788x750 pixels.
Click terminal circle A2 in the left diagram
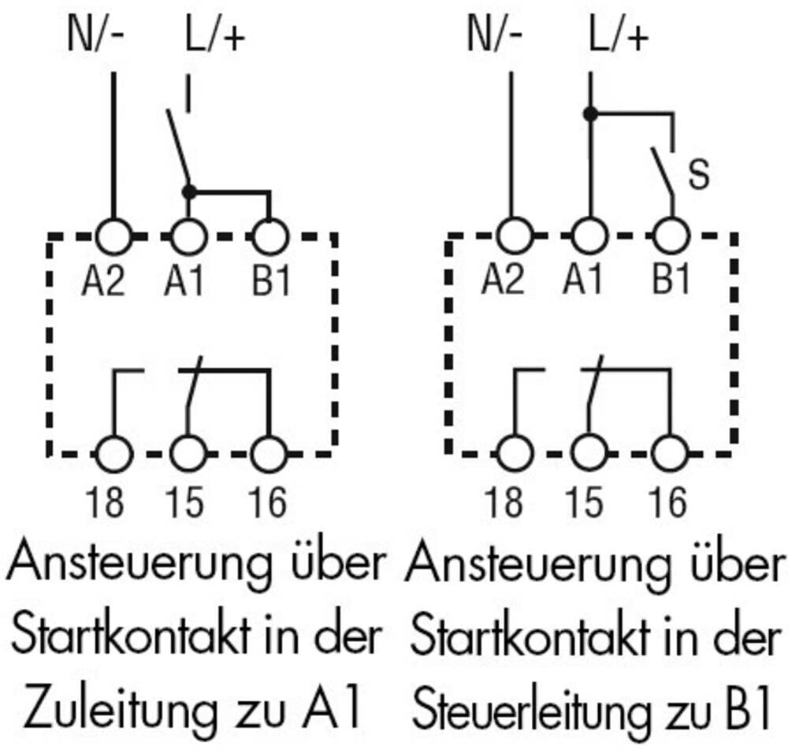[114, 235]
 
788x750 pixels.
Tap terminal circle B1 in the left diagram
[270, 235]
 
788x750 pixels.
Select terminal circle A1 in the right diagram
[589, 235]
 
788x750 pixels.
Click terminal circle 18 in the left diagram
[114, 455]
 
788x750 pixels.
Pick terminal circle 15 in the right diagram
[589, 455]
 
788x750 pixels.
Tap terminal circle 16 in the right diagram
[671, 455]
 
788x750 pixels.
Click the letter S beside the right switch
[697, 175]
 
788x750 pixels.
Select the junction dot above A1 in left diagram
[188, 191]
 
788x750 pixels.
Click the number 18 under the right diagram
[505, 503]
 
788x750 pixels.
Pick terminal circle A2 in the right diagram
[515, 235]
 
